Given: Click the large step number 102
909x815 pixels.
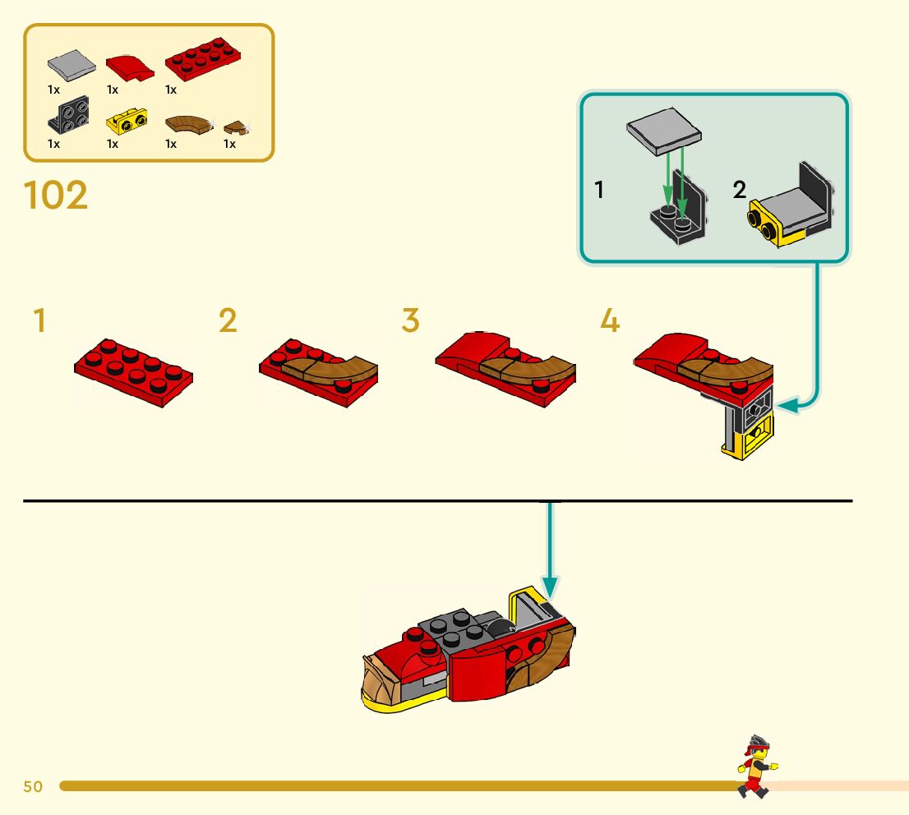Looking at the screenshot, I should click(56, 196).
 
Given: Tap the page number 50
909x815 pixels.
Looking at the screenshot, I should click(33, 787).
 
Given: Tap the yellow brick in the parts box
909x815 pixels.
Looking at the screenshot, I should click(127, 122).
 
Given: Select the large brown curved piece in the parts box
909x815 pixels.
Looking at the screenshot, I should click(187, 124).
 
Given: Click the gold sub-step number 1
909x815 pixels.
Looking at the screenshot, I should click(39, 320).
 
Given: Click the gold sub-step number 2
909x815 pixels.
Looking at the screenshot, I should click(228, 320).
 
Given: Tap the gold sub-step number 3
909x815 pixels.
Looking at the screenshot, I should click(410, 320).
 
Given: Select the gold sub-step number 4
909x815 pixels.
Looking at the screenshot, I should click(610, 320).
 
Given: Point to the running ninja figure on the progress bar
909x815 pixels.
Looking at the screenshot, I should click(755, 767).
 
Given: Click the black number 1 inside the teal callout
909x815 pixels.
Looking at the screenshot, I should click(599, 191).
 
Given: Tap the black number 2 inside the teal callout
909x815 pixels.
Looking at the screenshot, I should click(739, 191).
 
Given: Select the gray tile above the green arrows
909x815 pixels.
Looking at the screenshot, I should click(663, 131).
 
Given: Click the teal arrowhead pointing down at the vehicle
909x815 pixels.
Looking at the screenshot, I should click(550, 588).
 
